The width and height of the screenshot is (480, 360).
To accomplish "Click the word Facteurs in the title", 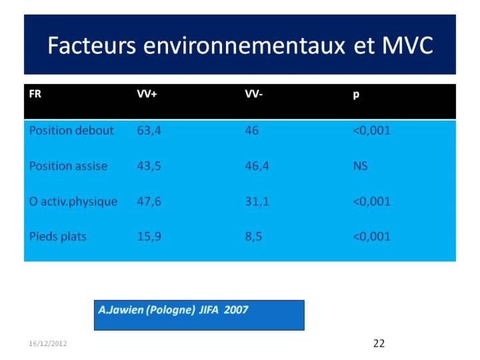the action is pos(91,45).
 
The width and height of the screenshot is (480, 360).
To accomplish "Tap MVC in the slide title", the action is pos(407,45).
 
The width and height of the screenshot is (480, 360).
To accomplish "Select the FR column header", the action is pos(35,94).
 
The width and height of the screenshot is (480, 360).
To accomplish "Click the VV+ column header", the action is pos(147,94).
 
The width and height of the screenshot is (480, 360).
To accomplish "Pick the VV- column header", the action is pos(254,94).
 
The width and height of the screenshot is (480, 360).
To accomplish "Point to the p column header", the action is pos(356,95).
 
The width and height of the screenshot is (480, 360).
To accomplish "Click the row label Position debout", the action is pos(71,131).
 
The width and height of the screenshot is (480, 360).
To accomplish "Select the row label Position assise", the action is pos(68,166).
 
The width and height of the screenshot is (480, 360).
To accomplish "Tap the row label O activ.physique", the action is pos(73,202).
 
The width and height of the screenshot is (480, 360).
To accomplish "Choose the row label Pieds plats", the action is pos(58,237).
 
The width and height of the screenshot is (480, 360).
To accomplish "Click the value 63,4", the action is pos(149,131).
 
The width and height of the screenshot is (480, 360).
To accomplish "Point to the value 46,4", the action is pos(257,166).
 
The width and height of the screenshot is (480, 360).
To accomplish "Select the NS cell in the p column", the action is pos(360,166).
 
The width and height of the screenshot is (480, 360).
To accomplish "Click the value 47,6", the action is pos(149,202).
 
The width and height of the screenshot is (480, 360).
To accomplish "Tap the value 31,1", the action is pos(257,202).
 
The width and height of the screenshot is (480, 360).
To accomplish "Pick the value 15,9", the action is pos(149,237).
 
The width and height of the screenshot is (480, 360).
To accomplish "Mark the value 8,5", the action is pos(253,237).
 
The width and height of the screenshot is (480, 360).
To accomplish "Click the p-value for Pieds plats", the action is pos(371,237).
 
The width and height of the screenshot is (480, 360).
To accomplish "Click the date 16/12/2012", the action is pos(48,343).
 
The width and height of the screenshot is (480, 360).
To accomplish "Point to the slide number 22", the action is pos(379,343).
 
